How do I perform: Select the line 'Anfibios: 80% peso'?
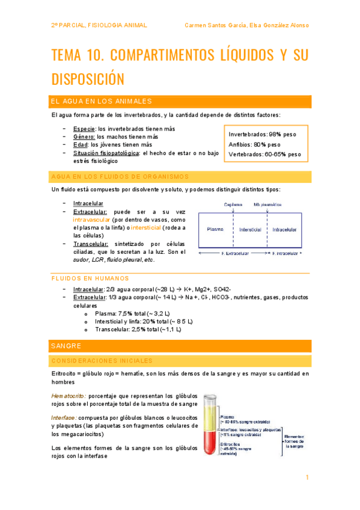[x=255, y=144]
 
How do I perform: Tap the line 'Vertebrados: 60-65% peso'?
[x=265, y=155]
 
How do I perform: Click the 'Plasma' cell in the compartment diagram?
[x=215, y=229]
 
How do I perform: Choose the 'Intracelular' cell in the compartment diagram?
[x=284, y=229]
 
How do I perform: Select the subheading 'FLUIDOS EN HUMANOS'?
[x=90, y=279]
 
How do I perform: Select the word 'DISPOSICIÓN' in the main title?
[x=89, y=79]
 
